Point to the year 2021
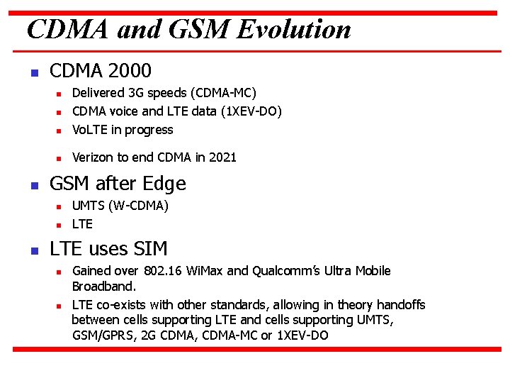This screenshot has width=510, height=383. (x=222, y=157)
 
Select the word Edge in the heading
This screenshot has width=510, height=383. (x=164, y=184)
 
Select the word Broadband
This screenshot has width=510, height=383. (x=103, y=287)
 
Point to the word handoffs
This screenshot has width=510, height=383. (x=400, y=305)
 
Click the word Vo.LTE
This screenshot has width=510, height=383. (x=87, y=130)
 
